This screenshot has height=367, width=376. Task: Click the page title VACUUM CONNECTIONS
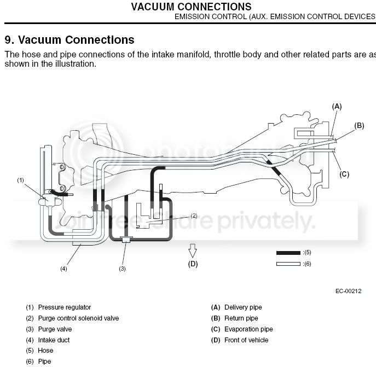(192, 7)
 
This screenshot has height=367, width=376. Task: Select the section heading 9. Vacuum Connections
(70, 40)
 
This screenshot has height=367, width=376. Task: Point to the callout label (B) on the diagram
(359, 125)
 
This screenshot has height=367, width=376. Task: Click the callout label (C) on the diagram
(344, 174)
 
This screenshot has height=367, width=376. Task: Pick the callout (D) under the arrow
(193, 264)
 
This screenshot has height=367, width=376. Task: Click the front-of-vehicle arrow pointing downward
(193, 251)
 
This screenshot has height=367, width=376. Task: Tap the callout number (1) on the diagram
(21, 179)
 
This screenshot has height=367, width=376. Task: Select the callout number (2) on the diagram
(193, 215)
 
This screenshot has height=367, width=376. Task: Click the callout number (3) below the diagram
(122, 269)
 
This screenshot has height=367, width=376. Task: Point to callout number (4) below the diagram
(63, 269)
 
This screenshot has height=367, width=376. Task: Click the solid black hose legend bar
(288, 253)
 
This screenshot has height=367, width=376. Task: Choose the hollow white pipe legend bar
(288, 264)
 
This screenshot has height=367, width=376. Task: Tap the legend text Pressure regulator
(65, 307)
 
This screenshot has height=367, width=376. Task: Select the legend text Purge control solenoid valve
(78, 318)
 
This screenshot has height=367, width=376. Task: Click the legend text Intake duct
(54, 340)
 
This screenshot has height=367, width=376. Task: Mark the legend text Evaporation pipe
(248, 329)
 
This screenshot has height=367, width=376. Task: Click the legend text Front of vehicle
(246, 340)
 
